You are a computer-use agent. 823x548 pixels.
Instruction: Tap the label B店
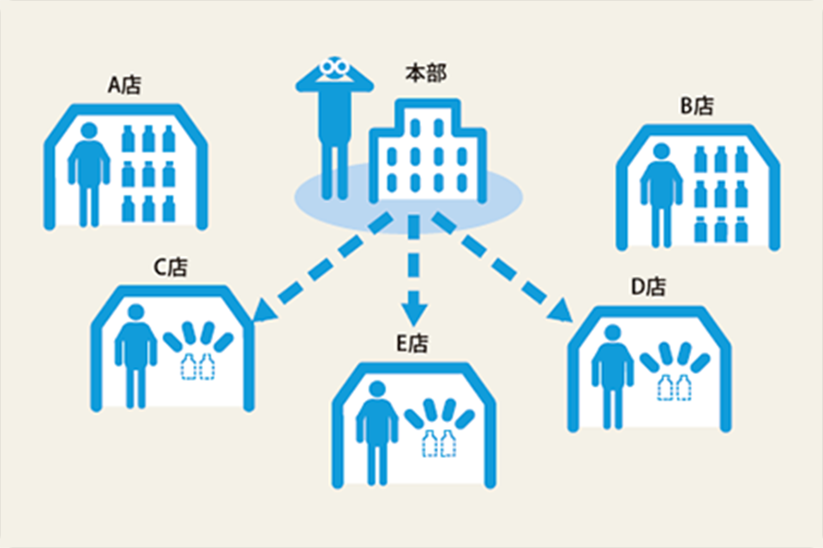697,106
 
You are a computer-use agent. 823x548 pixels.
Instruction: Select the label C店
171,267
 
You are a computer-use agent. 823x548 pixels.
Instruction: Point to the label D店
648,286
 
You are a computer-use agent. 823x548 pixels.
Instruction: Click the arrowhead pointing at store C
262,313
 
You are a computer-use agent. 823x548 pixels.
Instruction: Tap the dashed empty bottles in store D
674,386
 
